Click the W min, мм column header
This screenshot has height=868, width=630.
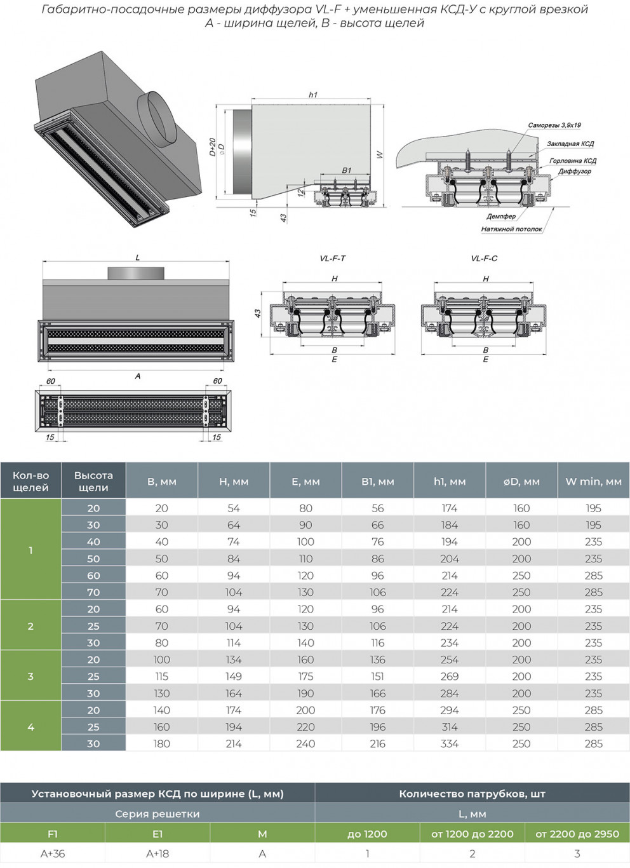593,482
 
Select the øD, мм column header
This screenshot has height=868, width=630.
521,482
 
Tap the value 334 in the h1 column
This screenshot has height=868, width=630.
450,743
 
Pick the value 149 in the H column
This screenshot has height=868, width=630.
234,676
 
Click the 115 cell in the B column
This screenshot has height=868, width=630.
162,676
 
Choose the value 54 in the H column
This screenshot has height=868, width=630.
234,508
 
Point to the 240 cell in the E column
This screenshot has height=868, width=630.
305,743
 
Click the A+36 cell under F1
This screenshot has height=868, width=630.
53,854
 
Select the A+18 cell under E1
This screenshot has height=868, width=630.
157,854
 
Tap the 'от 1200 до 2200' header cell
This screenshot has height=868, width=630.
473,834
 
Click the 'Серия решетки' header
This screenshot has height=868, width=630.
157,814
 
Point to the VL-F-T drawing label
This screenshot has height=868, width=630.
333,259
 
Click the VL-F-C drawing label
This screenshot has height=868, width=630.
484,259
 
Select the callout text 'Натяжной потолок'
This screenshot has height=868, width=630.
511,229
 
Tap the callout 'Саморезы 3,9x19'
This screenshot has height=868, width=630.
554,125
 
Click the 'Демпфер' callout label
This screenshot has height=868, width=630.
501,217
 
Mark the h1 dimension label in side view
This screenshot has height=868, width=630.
312,95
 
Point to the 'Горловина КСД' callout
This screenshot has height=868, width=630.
572,161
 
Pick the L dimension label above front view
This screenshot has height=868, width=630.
137,258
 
